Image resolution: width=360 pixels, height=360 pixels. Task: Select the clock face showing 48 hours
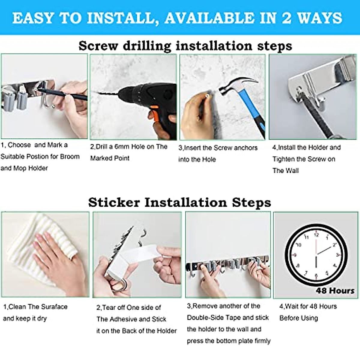pyautogui.click(x=316, y=255)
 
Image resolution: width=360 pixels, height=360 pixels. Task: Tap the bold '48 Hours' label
pyautogui.click(x=335, y=291)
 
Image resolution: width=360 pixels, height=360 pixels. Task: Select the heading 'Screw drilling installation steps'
pyautogui.click(x=185, y=46)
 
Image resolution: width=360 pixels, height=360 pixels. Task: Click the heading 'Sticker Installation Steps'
pyautogui.click(x=179, y=202)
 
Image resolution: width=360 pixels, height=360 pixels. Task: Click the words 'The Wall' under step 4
pyautogui.click(x=285, y=171)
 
